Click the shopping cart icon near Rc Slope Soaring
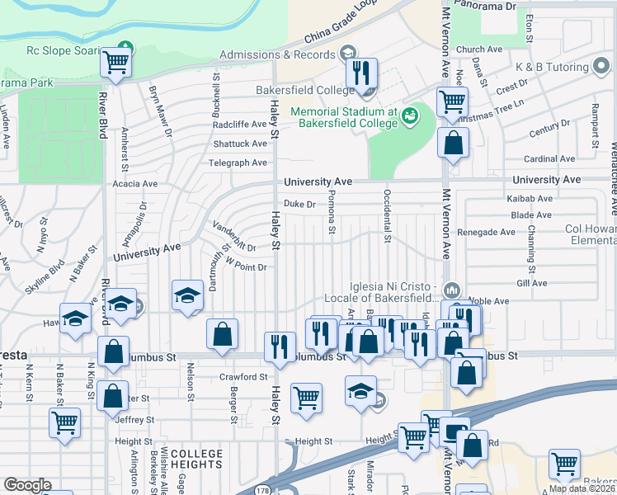[x=116, y=63]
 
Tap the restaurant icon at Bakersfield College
[x=361, y=74]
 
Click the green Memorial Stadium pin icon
[x=411, y=116]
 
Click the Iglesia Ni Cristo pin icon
[x=452, y=290]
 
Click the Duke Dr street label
[x=299, y=204]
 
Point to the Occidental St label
[x=386, y=216]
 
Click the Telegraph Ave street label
[x=238, y=163]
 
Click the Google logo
[x=27, y=485]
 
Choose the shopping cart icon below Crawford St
[x=306, y=398]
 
